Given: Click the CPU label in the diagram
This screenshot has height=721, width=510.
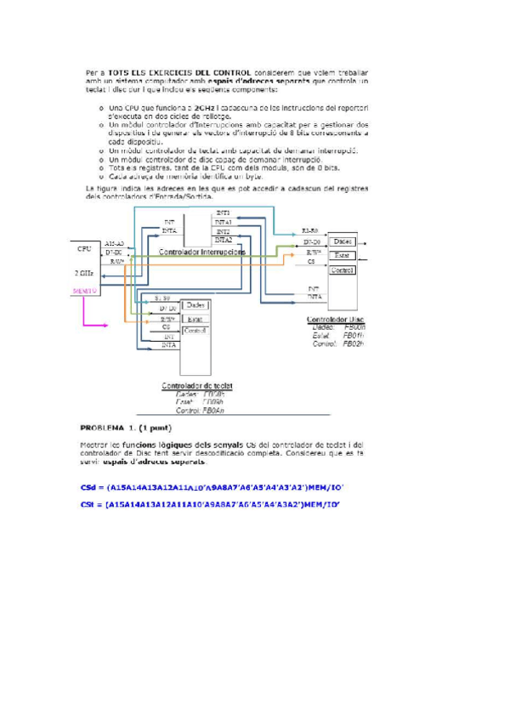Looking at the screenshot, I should coord(83,249).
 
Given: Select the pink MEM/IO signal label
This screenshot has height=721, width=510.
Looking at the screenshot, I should coord(85,291).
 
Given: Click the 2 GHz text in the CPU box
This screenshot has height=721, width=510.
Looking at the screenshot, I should coord(84,273).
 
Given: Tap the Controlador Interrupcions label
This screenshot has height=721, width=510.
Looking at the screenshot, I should coord(203,253).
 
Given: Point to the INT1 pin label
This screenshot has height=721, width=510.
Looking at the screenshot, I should coord(223,213).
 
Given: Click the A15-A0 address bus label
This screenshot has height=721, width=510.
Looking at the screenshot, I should coord(115,243).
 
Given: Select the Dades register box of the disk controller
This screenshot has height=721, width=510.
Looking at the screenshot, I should coord(343,241).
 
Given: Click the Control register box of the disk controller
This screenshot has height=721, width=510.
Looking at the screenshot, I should coord(342,270).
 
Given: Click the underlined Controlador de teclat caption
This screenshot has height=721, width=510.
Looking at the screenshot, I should coord(197,385).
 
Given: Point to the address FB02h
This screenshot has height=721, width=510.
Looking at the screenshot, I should coord(354,343).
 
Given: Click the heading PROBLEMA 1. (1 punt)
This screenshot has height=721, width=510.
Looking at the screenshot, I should coord(126,428).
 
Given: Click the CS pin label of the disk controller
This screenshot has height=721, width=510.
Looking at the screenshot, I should coord(312,262).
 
